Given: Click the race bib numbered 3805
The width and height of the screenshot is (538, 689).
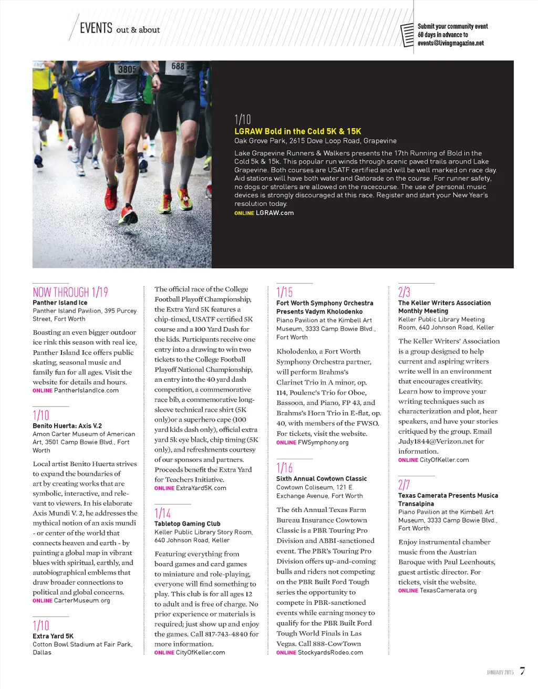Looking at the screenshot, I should [x=127, y=69].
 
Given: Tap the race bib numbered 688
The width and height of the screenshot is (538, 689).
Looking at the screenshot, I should [x=178, y=66].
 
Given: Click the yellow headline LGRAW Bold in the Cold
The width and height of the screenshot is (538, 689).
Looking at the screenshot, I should [x=297, y=131].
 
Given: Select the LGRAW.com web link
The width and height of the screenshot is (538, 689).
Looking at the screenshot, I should [x=274, y=213].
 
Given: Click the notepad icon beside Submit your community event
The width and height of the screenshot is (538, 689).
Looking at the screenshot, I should [x=407, y=35].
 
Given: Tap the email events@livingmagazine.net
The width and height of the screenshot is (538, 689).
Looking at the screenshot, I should [x=450, y=43].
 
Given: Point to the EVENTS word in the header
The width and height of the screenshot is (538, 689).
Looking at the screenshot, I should [x=96, y=28].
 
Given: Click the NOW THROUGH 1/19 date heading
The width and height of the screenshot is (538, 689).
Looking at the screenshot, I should [x=70, y=292].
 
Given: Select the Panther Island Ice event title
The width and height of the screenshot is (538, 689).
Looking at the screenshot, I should [x=60, y=302].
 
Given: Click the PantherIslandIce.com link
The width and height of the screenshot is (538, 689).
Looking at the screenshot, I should [x=86, y=390].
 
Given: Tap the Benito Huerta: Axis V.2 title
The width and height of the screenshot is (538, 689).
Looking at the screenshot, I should [x=67, y=426].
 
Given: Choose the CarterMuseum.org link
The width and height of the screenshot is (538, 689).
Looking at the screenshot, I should [x=82, y=600].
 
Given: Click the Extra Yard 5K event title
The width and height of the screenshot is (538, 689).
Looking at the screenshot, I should [x=53, y=636].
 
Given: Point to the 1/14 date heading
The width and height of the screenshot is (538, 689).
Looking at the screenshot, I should [x=163, y=513].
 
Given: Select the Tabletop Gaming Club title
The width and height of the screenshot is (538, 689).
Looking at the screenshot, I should [x=187, y=524].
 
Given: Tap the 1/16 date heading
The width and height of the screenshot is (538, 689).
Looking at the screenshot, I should [x=285, y=467].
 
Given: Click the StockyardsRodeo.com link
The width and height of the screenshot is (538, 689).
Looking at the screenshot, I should [x=330, y=652].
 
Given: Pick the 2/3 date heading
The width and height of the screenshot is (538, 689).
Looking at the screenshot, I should [x=404, y=292].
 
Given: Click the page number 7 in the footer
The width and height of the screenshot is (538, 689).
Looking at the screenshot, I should [x=522, y=671].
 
